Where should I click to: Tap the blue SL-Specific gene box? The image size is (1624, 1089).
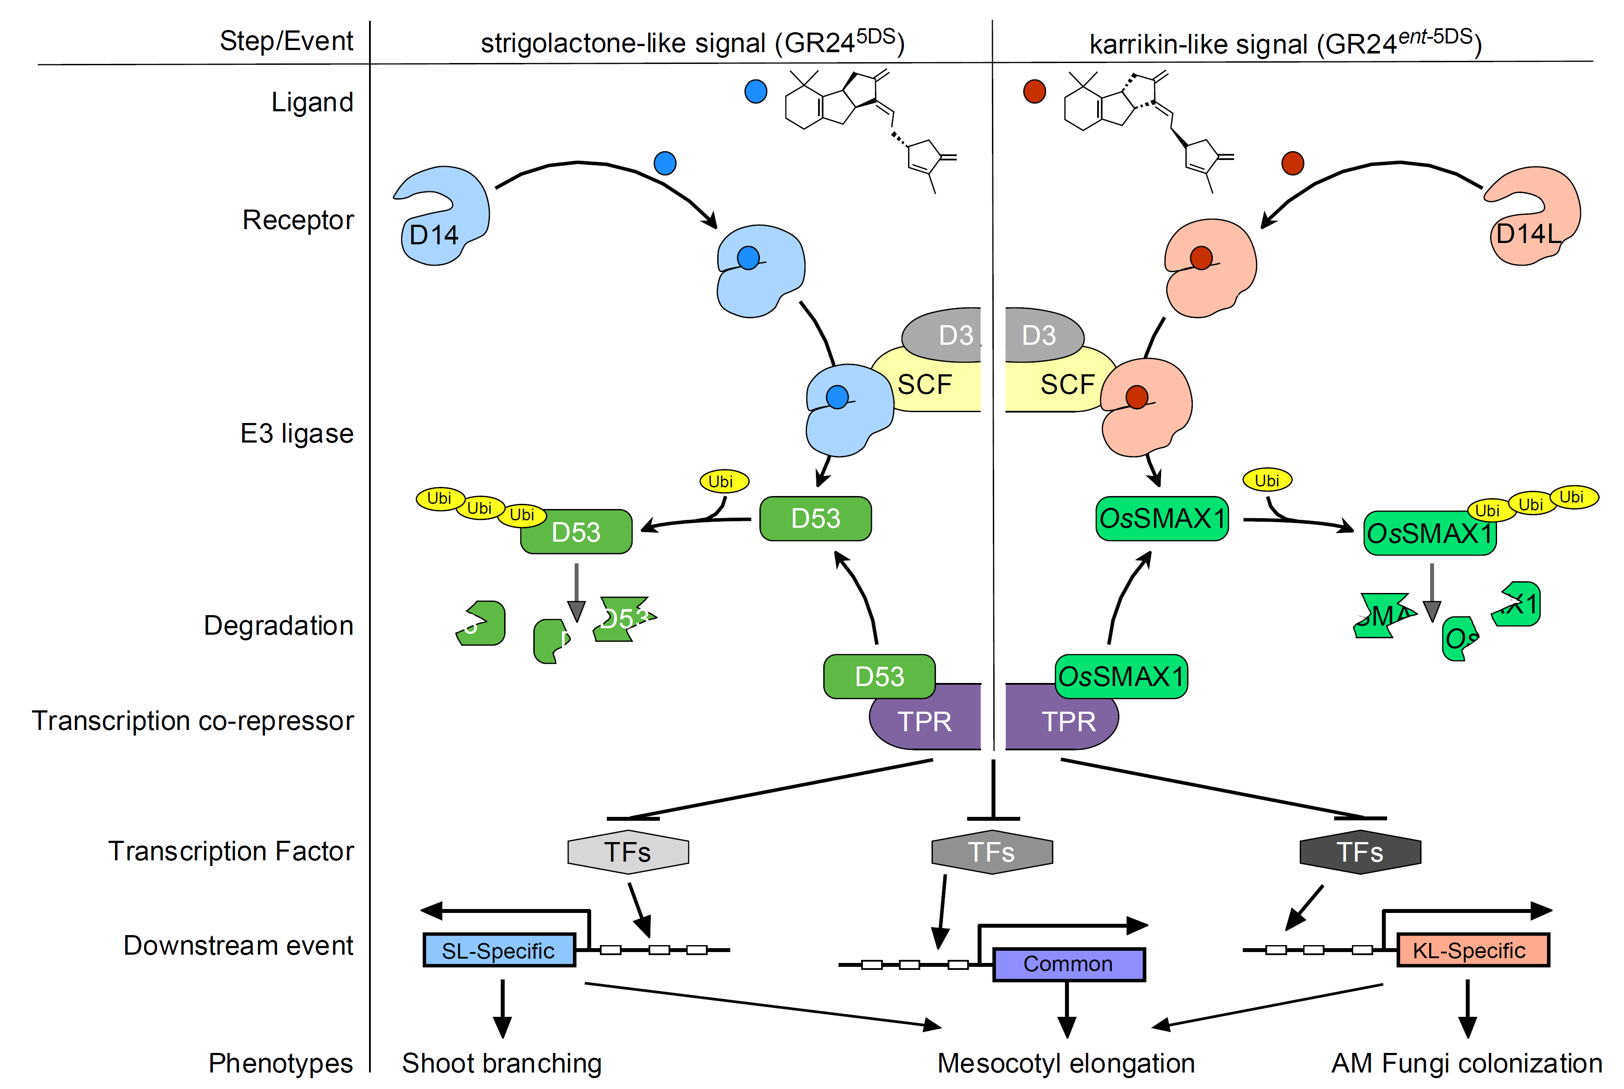click(x=499, y=950)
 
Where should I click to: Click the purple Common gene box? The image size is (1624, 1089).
click(x=1068, y=964)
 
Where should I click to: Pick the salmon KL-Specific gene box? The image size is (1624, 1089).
click(x=1472, y=950)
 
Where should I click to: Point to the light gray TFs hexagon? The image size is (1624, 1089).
click(x=628, y=852)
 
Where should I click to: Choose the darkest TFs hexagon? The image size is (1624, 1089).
click(x=1359, y=852)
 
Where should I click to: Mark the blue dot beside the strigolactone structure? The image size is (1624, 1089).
click(x=755, y=91)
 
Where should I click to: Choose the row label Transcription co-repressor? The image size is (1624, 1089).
click(x=193, y=721)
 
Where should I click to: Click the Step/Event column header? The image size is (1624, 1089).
click(x=286, y=41)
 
